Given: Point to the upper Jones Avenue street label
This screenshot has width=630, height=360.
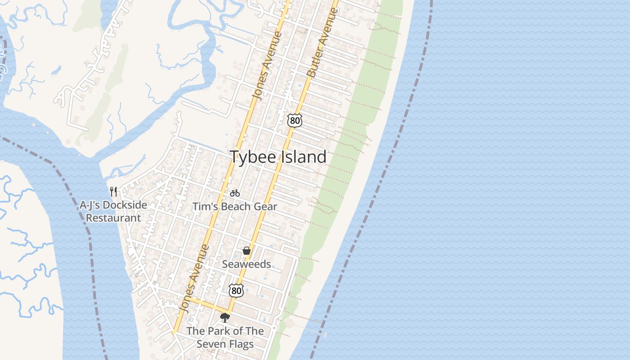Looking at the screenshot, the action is [x=267, y=66].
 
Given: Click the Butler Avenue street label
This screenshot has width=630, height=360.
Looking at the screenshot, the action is [x=322, y=43].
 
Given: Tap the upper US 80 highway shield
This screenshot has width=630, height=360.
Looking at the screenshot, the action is [x=294, y=120].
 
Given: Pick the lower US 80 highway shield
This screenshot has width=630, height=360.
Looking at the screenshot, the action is [x=236, y=290].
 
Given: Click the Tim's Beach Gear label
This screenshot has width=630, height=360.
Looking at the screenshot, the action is [x=234, y=207].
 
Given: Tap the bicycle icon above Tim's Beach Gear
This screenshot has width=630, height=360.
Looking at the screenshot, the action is [x=234, y=193].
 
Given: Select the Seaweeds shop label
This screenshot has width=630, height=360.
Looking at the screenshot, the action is [x=246, y=264].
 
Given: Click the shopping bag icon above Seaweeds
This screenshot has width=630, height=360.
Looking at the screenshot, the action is [x=246, y=251].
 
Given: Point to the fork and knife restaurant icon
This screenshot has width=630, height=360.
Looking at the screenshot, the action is [x=113, y=192].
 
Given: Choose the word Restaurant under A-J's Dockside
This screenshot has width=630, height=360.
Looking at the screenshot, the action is [x=113, y=218].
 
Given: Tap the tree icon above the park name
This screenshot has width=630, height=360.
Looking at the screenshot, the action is [x=225, y=318].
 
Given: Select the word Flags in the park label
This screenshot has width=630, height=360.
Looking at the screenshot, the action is [x=241, y=344].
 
